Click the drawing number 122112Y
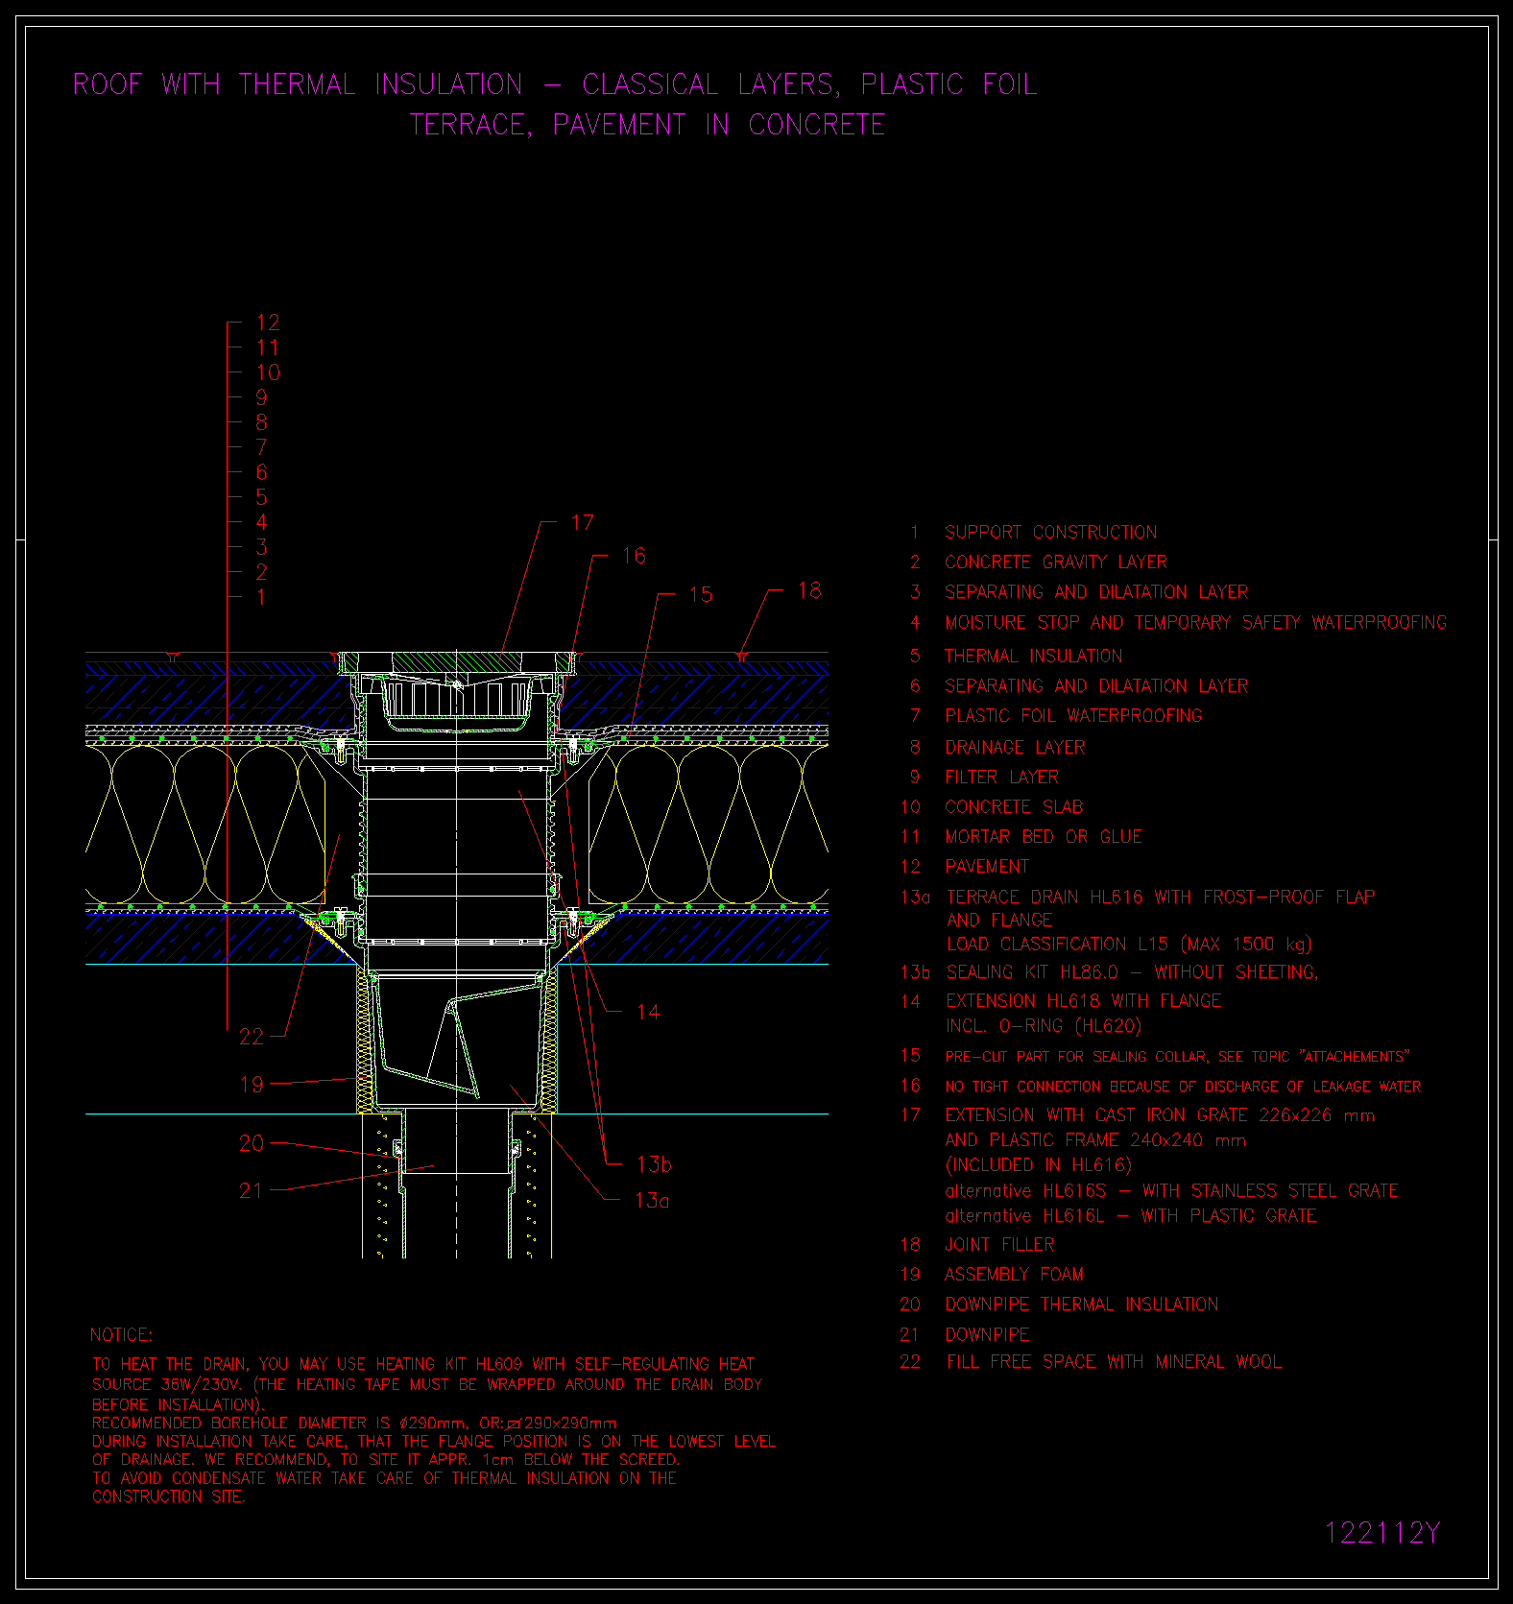click(1382, 1533)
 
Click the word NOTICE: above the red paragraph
click(121, 1335)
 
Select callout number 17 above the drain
click(583, 522)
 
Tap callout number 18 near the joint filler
click(809, 590)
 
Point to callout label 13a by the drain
click(653, 1200)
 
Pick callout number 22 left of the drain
click(252, 1037)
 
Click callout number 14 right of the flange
click(648, 1012)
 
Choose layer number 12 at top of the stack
click(268, 323)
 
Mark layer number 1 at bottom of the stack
click(261, 597)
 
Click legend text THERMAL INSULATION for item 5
click(1033, 657)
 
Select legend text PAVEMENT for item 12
click(987, 867)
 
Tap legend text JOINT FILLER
click(999, 1245)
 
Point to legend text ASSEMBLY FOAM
click(1014, 1275)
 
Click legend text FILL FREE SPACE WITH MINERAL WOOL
click(1114, 1362)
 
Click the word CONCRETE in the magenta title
click(817, 125)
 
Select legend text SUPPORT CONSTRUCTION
click(1051, 533)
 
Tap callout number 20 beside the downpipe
click(252, 1143)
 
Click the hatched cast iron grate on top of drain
click(456, 661)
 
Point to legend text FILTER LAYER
click(1001, 778)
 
